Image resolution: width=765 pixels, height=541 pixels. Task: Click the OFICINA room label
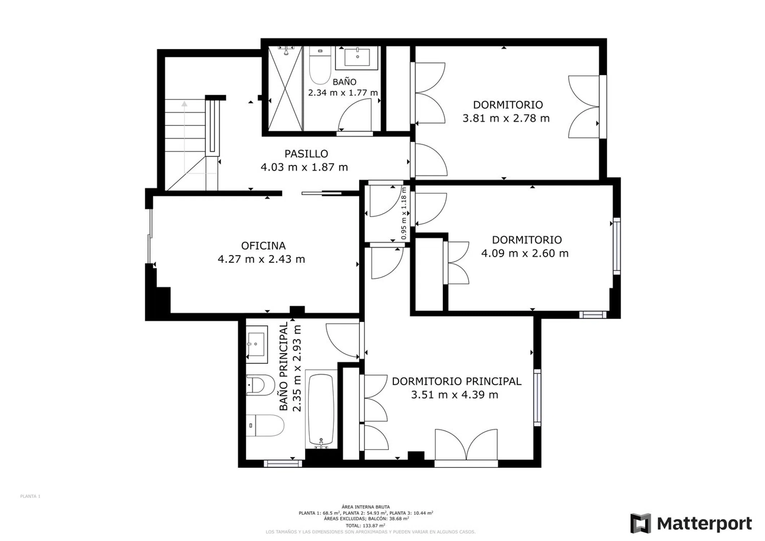tap(263, 246)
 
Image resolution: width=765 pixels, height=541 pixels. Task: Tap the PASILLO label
tap(306, 154)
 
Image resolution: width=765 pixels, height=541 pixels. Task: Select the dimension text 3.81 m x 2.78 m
tap(506, 118)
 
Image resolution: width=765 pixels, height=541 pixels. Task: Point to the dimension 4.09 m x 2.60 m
tap(525, 253)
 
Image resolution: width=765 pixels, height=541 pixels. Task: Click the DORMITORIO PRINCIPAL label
tap(457, 381)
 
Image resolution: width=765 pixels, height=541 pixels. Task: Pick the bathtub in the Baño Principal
tap(321, 410)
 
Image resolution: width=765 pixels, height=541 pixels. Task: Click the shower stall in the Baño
tap(285, 88)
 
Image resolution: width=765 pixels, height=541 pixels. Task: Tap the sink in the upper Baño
tap(357, 58)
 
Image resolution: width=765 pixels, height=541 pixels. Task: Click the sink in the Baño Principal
tap(257, 344)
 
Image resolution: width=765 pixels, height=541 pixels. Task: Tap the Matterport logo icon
tap(641, 523)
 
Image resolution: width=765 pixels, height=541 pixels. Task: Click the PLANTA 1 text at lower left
tap(30, 496)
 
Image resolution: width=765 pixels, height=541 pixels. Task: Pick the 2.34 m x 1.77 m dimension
tap(343, 93)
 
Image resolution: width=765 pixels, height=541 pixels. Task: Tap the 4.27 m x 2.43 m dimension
tap(261, 259)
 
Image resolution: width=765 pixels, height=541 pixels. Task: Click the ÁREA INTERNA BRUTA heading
tap(366, 507)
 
